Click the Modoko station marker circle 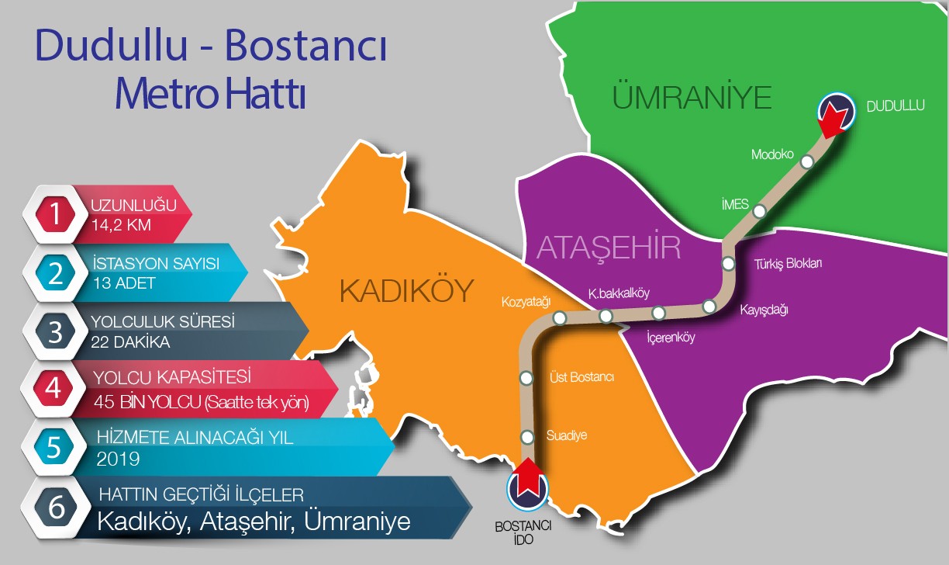point(807,161)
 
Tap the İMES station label point(734,205)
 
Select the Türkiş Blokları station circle point(728,264)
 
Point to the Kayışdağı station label point(764,310)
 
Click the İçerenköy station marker point(658,313)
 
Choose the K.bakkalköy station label point(619,293)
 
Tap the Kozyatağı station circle point(559,317)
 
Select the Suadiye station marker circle point(527,436)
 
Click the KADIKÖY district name point(406,292)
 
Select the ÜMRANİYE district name point(692,99)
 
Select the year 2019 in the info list point(119,459)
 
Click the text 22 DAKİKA point(131,341)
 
